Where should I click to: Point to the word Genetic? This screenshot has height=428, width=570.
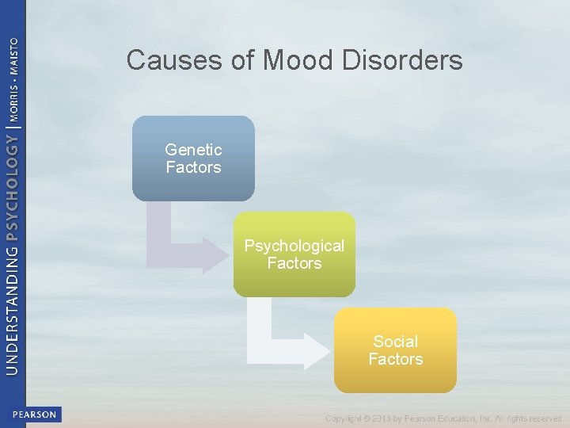[x=193, y=149]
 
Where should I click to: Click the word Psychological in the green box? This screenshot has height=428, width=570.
[x=294, y=246]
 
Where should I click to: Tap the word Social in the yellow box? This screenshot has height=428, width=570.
[x=395, y=342]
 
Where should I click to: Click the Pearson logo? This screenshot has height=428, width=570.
[x=35, y=414]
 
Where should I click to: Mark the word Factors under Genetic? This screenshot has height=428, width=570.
[x=193, y=167]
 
